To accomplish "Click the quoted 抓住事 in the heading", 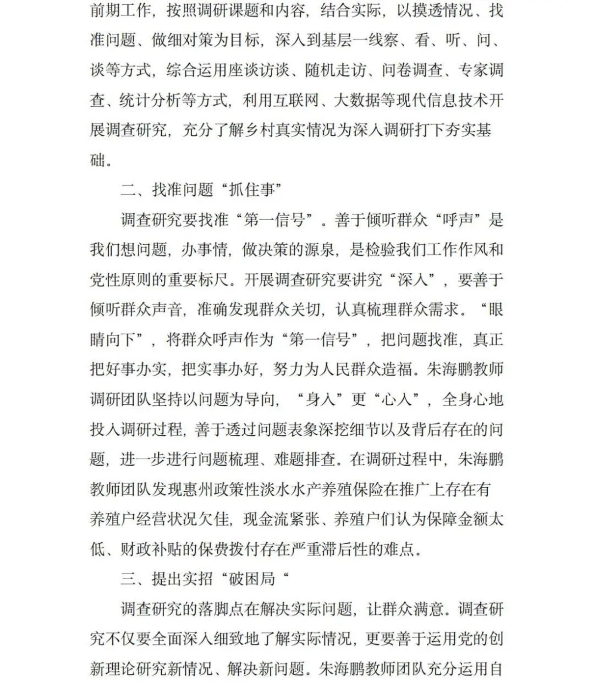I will [252, 190].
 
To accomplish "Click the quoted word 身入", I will [320, 400].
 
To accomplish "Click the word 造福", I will [396, 370].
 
